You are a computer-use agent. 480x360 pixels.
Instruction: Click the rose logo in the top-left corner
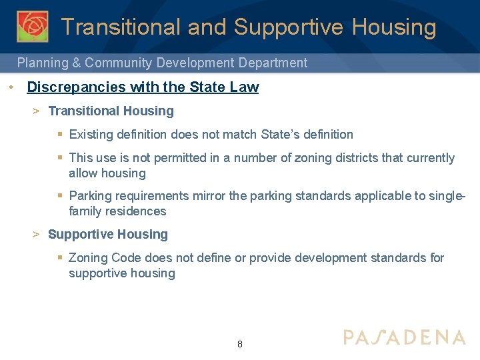pyautogui.click(x=33, y=27)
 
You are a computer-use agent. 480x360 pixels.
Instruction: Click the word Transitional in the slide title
pyautogui.click(x=121, y=27)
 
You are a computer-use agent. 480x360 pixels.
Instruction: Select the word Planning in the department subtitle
pyautogui.click(x=43, y=63)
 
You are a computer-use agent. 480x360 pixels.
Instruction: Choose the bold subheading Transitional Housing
pyautogui.click(x=111, y=111)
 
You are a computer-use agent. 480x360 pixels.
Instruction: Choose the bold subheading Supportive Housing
pyautogui.click(x=108, y=234)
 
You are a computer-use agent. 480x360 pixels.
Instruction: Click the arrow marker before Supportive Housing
pyautogui.click(x=37, y=234)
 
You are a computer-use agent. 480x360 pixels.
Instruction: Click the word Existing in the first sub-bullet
pyautogui.click(x=90, y=135)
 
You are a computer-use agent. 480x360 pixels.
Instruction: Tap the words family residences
pyautogui.click(x=117, y=211)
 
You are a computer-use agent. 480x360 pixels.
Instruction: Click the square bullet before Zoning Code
pyautogui.click(x=60, y=258)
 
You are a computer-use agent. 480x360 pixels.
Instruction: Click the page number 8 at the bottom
pyautogui.click(x=240, y=345)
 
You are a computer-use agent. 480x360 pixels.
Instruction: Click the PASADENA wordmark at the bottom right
pyautogui.click(x=404, y=337)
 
